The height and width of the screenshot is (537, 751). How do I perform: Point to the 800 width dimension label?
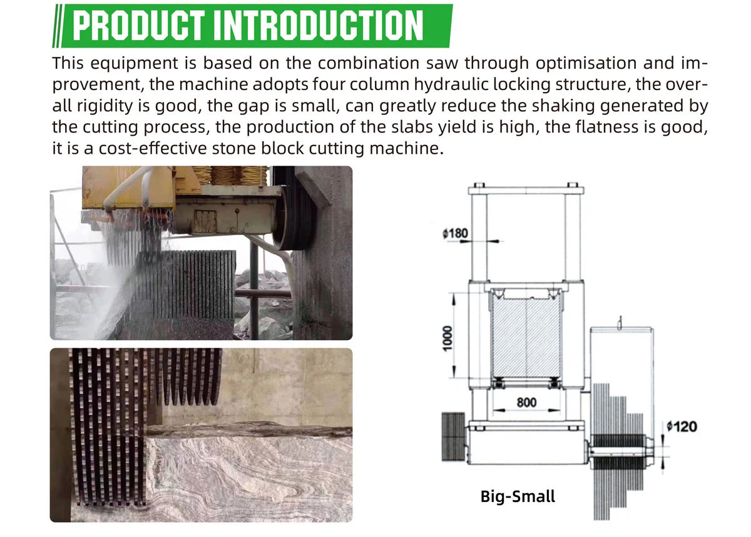pyautogui.click(x=526, y=402)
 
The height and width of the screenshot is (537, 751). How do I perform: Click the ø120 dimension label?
pyautogui.click(x=682, y=426)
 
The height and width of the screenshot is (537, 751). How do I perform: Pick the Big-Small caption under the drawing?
pyautogui.click(x=517, y=496)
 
